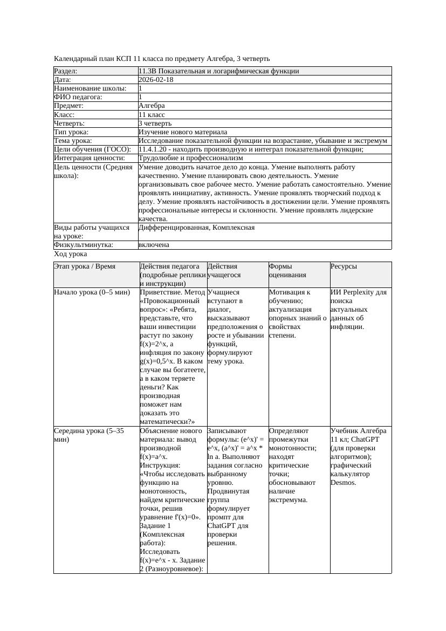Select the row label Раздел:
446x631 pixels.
tap(66, 71)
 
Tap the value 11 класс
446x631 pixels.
tap(152, 115)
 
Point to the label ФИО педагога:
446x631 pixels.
tap(78, 97)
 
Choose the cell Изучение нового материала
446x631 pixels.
tap(183, 132)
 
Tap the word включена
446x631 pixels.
tap(154, 245)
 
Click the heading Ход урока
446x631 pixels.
tap(71, 254)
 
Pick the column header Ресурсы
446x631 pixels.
tap(344, 266)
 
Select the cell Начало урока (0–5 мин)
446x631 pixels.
tap(92, 292)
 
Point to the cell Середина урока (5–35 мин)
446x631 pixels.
tap(89, 435)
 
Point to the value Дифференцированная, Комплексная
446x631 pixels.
tap(196, 228)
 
